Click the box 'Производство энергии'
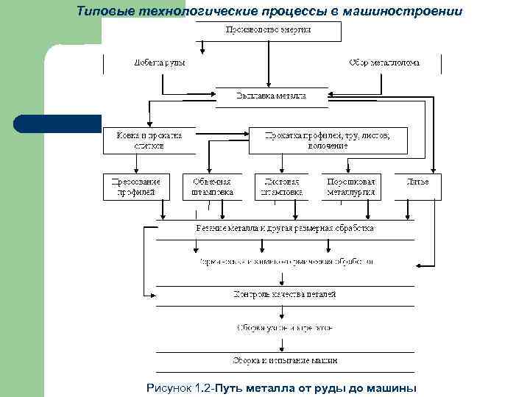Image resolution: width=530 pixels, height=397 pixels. [268, 31]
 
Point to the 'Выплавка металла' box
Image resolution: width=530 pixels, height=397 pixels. [271, 96]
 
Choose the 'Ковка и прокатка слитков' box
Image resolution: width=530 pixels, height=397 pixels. [149, 140]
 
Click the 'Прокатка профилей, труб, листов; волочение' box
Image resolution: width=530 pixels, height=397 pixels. [328, 140]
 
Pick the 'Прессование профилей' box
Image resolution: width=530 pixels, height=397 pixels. [135, 187]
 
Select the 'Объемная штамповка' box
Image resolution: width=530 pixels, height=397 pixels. [213, 187]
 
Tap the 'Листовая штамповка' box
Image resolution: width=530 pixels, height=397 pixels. [281, 187]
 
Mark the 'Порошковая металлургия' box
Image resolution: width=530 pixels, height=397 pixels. [351, 187]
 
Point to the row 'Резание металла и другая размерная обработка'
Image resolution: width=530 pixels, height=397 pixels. [285, 229]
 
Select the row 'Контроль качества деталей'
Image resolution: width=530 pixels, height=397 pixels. [285, 294]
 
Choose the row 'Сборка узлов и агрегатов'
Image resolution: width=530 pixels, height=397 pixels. [285, 327]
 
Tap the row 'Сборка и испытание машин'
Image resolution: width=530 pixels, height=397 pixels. [285, 361]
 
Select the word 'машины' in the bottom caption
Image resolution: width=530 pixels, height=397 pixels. [395, 388]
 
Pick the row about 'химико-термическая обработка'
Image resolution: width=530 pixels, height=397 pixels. [285, 262]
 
